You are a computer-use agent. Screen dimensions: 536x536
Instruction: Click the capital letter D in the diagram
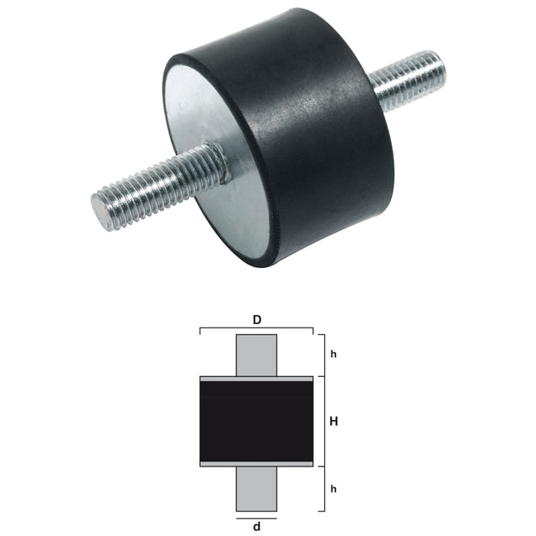point(256,320)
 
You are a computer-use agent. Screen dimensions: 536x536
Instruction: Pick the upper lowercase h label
point(333,354)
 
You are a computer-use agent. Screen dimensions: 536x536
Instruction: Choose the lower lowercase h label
point(333,488)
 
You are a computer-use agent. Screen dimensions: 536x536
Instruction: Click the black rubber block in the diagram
point(256,421)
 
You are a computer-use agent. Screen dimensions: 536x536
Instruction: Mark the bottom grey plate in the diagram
point(256,463)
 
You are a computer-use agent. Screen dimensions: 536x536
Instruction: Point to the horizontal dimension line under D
point(256,329)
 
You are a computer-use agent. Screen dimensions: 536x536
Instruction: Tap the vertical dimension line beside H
point(323,421)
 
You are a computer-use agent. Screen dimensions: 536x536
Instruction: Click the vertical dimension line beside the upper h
point(323,354)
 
